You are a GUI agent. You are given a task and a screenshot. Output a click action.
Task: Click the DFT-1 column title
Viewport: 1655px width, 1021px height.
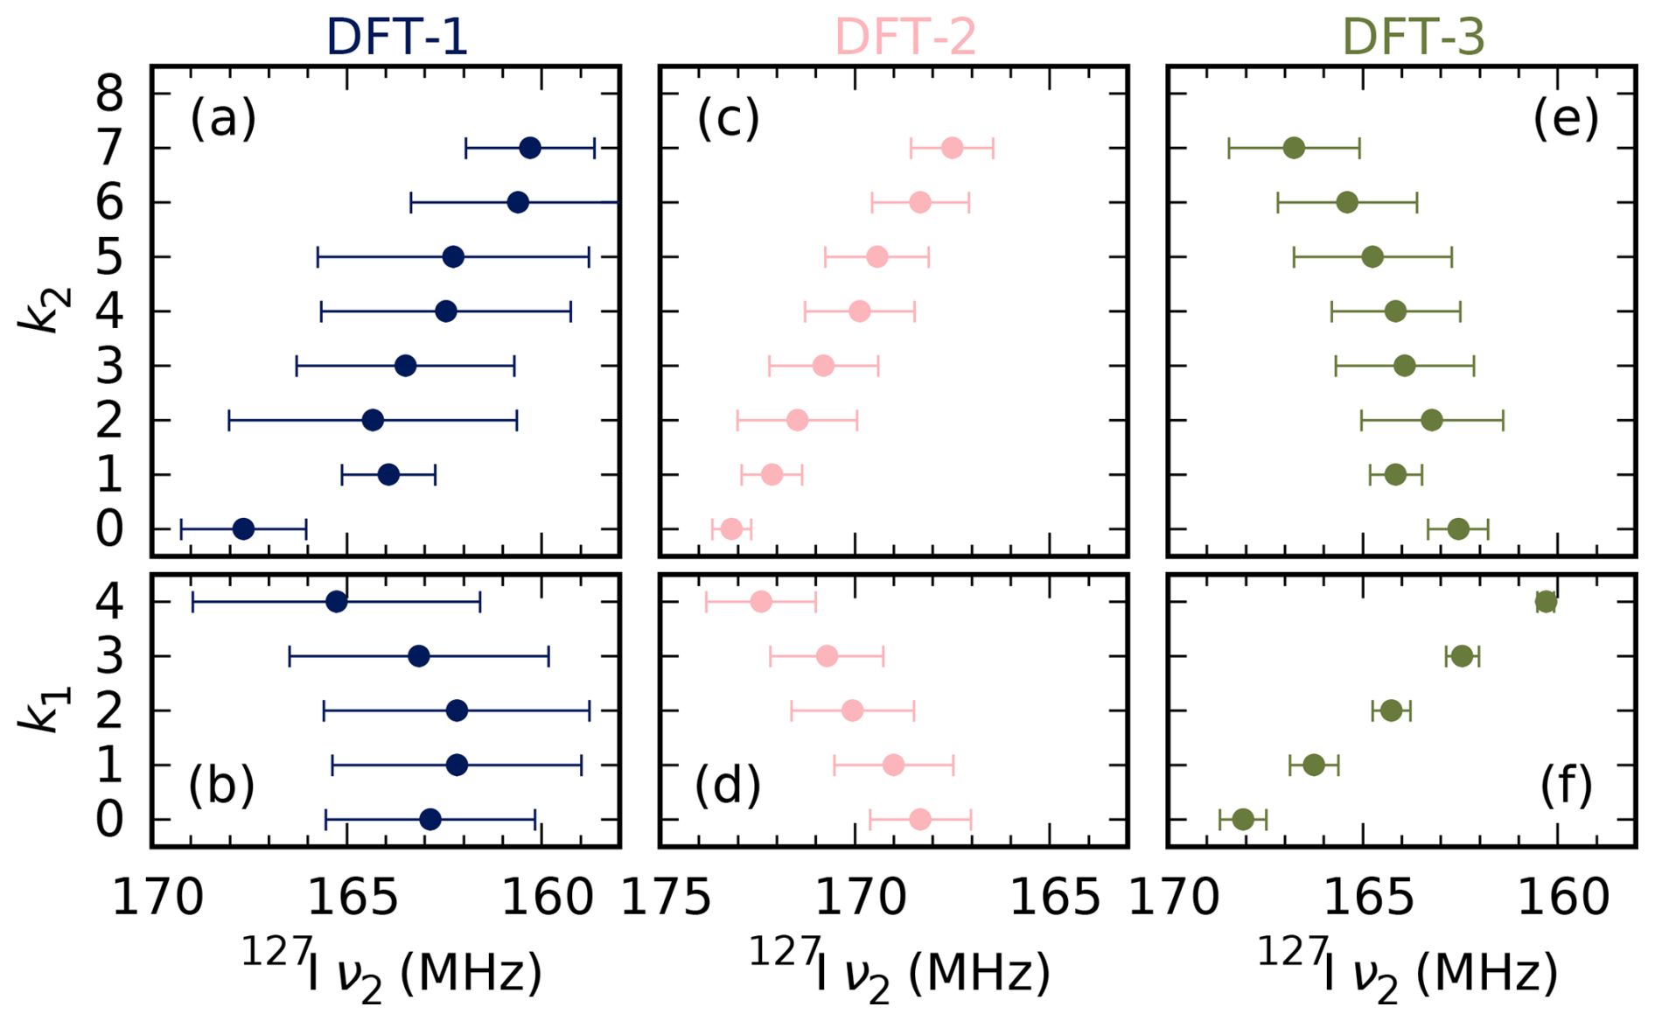(397, 37)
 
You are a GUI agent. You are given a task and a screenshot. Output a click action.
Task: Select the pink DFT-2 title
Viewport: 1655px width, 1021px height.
(905, 37)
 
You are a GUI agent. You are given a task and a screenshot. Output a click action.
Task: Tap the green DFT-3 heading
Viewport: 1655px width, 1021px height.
(1414, 37)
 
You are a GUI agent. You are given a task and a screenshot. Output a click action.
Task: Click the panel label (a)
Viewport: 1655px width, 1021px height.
(223, 118)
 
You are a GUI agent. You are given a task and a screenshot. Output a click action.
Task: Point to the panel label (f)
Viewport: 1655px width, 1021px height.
(1566, 784)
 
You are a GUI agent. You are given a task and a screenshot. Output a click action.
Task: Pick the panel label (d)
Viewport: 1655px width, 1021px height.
(728, 784)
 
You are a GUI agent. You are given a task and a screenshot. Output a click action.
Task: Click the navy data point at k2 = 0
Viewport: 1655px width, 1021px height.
(244, 528)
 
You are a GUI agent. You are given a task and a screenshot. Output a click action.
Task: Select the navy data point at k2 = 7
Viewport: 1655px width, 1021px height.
(529, 148)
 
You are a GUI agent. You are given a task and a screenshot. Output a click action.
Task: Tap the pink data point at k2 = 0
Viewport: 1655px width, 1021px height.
(732, 528)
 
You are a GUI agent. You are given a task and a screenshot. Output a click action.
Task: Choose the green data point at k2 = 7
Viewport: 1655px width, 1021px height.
(1294, 148)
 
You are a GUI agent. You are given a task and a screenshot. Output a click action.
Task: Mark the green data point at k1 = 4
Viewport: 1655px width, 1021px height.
(1546, 601)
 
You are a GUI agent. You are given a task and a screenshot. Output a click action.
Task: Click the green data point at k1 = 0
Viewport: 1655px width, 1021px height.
(1243, 820)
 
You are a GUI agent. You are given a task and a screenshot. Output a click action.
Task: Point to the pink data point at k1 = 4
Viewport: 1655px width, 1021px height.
(761, 601)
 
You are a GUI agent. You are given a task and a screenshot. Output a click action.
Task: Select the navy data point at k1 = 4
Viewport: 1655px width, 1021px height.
(336, 601)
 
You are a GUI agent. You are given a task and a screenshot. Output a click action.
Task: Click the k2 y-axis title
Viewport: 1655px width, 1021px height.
(42, 310)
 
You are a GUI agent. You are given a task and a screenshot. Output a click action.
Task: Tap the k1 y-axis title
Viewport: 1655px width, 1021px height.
(42, 709)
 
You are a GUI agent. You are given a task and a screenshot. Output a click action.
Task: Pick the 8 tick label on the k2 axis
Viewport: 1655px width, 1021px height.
(109, 94)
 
